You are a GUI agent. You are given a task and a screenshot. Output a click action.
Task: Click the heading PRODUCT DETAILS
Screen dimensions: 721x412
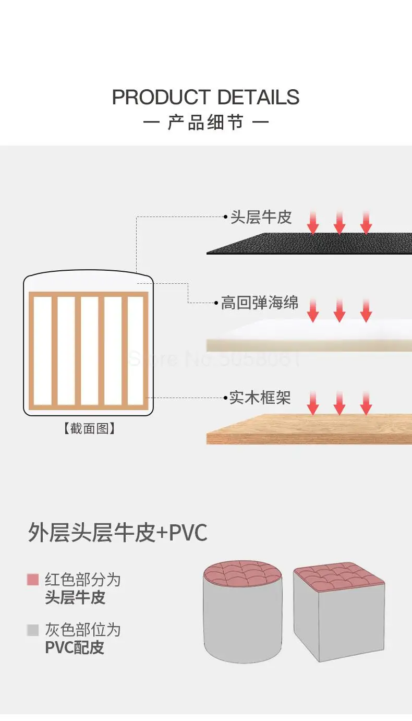(206, 98)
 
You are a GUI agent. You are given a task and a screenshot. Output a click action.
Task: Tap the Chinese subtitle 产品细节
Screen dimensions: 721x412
(206, 124)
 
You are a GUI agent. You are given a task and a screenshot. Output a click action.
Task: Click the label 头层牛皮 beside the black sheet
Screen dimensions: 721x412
(261, 218)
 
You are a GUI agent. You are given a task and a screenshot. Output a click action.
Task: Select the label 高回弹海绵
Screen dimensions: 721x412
(260, 303)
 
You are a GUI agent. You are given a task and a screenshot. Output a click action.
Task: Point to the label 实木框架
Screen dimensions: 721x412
(260, 398)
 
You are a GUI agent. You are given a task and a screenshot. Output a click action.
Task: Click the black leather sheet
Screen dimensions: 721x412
(313, 244)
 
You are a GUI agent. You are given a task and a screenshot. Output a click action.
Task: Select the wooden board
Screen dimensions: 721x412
(313, 430)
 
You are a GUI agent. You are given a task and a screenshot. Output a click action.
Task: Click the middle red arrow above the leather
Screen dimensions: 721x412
(340, 223)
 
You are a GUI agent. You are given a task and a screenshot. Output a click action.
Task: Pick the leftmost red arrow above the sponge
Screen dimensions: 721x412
(313, 310)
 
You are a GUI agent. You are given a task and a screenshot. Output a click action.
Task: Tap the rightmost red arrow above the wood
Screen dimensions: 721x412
(366, 404)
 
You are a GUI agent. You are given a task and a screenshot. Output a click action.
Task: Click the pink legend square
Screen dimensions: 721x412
(33, 580)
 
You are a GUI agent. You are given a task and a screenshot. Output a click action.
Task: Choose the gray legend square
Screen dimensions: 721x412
(33, 630)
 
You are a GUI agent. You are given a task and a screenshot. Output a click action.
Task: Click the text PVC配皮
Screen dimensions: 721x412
(75, 647)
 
